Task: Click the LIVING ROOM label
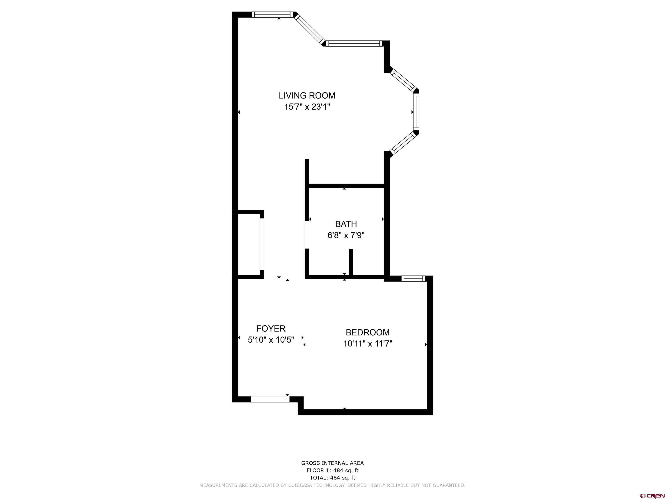pyautogui.click(x=307, y=96)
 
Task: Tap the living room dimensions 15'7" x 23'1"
pyautogui.click(x=307, y=107)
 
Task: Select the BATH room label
pyautogui.click(x=346, y=224)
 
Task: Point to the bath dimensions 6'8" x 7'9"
pyautogui.click(x=346, y=235)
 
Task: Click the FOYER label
pyautogui.click(x=271, y=329)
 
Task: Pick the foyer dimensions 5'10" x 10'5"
pyautogui.click(x=271, y=340)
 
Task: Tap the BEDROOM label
pyautogui.click(x=368, y=332)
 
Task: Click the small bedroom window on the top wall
pyautogui.click(x=413, y=279)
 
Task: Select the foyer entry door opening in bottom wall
pyautogui.click(x=270, y=399)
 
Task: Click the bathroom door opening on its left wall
pyautogui.click(x=307, y=235)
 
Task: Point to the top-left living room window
pyautogui.click(x=272, y=15)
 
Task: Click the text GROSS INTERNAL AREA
pyautogui.click(x=332, y=463)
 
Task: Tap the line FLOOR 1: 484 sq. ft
pyautogui.click(x=332, y=470)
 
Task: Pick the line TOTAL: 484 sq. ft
pyautogui.click(x=332, y=478)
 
